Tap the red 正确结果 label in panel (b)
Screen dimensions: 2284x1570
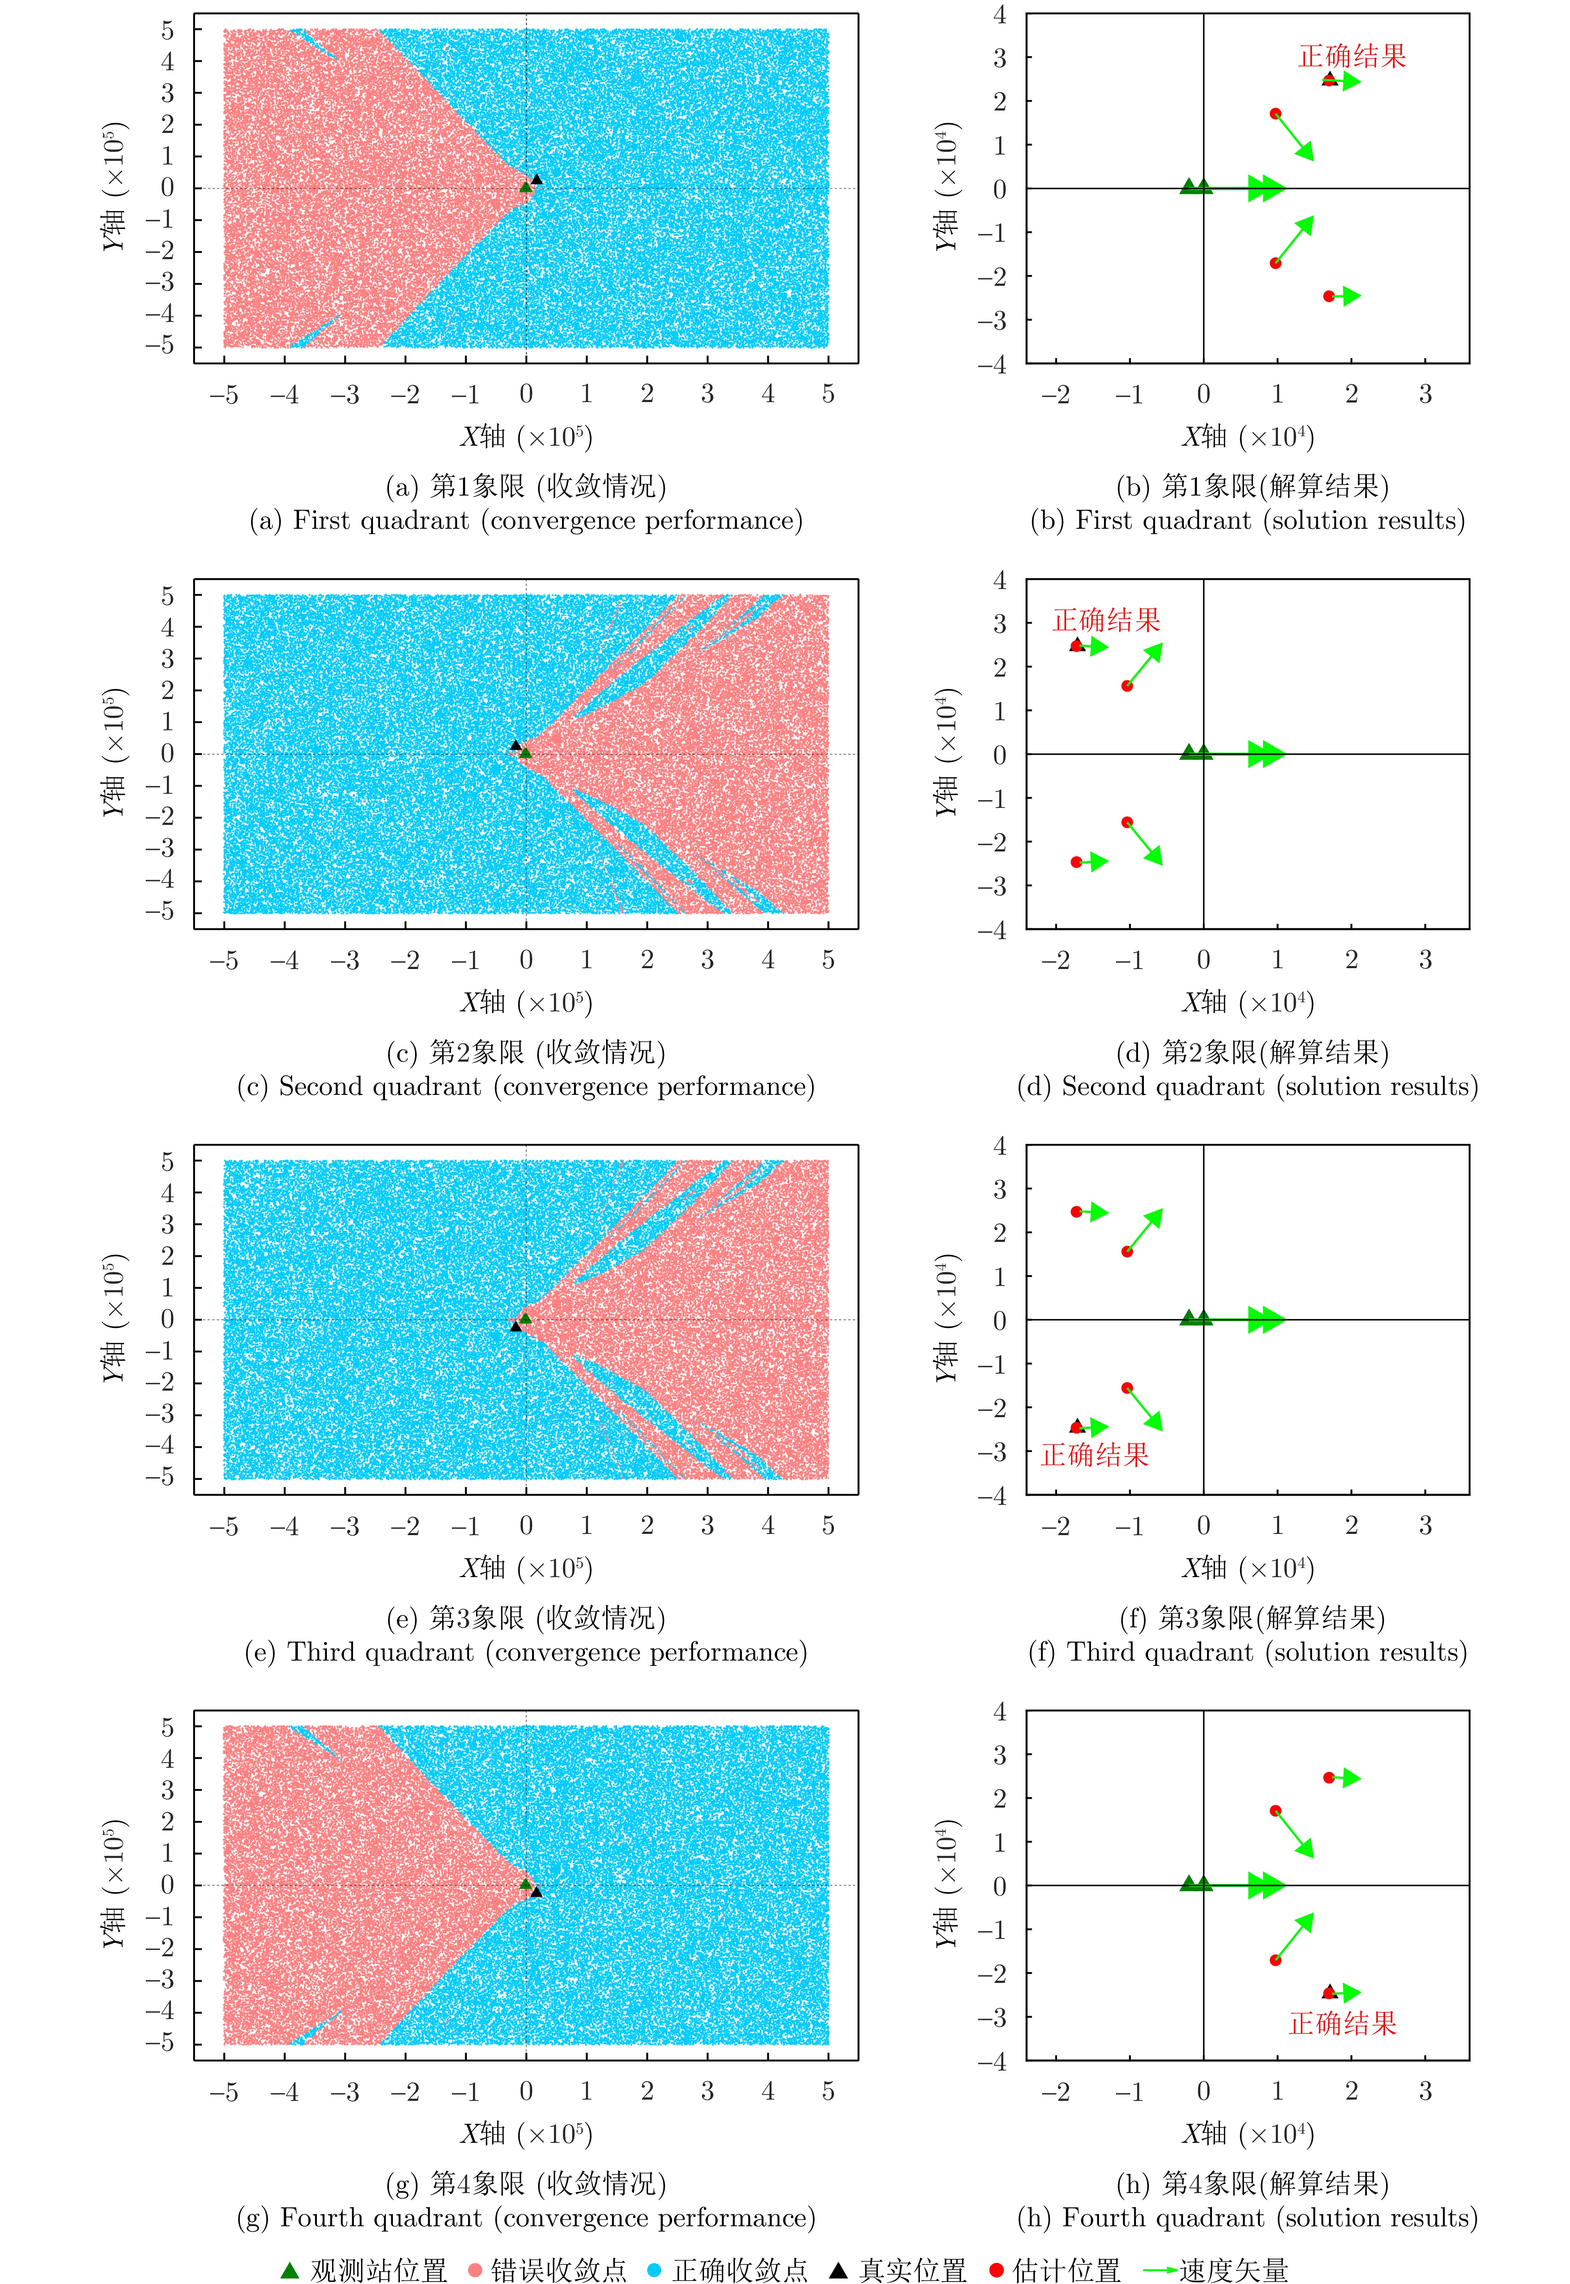[x=1353, y=56]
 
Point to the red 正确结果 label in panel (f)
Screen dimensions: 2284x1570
[x=1095, y=1455]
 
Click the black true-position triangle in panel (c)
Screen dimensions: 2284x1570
[x=515, y=746]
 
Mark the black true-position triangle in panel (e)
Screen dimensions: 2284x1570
[x=515, y=1326]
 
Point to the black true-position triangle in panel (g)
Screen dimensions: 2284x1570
[x=536, y=1891]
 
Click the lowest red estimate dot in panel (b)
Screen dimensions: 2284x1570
[x=1329, y=296]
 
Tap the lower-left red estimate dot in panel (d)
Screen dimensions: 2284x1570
[x=1076, y=862]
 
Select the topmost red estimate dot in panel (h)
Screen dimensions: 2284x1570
[x=1329, y=1777]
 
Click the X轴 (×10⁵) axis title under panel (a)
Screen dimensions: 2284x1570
[x=526, y=437]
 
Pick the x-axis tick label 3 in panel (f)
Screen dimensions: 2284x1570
[x=1425, y=1526]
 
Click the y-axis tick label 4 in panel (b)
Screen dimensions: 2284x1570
[x=999, y=15]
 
